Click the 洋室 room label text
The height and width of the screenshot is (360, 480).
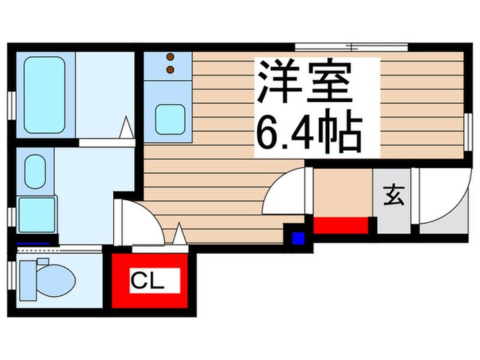coord(305,83)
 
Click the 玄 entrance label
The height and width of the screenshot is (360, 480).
coord(394,196)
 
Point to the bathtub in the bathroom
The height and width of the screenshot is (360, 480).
coord(45,95)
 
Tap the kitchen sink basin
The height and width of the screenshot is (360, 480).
coord(169,119)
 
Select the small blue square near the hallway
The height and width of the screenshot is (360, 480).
coord(298,239)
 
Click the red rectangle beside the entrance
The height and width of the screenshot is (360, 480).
coord(341,225)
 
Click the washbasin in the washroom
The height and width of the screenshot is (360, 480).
coord(35,171)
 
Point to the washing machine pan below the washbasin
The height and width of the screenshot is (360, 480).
coord(36,215)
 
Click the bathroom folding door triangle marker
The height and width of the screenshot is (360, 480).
coord(125,128)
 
